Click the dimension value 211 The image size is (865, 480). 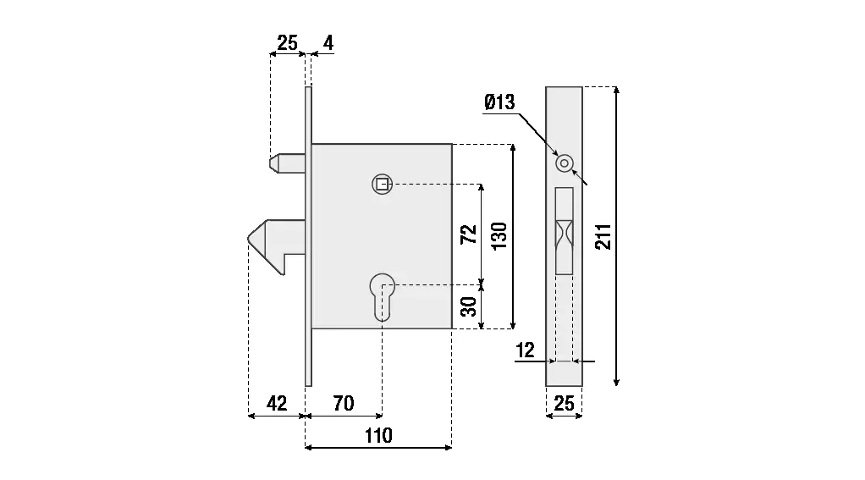(603, 236)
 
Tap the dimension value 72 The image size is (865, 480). (468, 234)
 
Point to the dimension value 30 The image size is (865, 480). (468, 306)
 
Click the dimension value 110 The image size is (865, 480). (378, 435)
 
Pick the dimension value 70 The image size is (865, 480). (343, 403)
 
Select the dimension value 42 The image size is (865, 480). (277, 403)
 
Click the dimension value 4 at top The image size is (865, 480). (328, 42)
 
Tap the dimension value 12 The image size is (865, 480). (526, 349)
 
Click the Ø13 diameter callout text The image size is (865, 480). (499, 102)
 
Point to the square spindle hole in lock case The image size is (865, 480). (383, 184)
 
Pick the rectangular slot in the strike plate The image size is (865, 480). (564, 231)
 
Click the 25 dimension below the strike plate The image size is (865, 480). (564, 404)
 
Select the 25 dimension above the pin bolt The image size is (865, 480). (288, 42)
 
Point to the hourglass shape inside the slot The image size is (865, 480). (564, 231)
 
